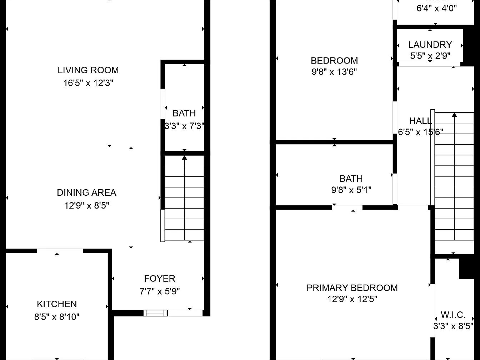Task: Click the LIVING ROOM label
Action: point(88,70)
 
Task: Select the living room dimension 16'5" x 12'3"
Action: point(88,83)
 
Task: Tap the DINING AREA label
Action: point(86,192)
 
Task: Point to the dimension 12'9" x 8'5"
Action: point(86,206)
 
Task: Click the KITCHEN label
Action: point(57,304)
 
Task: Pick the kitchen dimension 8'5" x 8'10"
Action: point(57,317)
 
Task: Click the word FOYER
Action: point(160,279)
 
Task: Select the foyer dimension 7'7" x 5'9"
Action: point(160,291)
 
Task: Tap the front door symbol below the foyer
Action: point(156,313)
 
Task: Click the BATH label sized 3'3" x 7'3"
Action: point(184,113)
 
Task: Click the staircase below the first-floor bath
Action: point(184,198)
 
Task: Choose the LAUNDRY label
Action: point(430,45)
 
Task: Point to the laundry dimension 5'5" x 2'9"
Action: point(430,56)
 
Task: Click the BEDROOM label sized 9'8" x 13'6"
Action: point(334,60)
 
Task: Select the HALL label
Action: point(420,121)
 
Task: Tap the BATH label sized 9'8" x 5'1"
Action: point(351,179)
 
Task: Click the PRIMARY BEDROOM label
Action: point(352,288)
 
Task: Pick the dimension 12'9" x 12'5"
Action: point(352,299)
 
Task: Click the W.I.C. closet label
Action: point(453,315)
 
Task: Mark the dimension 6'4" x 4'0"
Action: point(436,8)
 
